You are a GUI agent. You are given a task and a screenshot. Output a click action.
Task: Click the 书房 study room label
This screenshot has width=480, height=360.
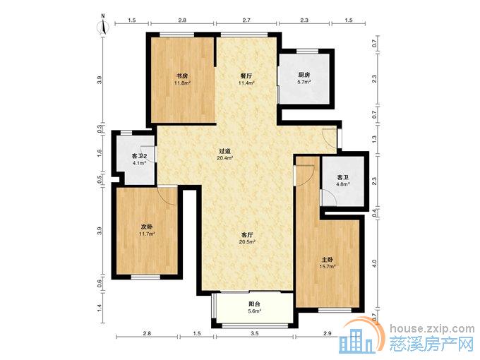(182, 76)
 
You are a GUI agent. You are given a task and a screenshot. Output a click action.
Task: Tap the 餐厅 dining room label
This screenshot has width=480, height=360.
(246, 76)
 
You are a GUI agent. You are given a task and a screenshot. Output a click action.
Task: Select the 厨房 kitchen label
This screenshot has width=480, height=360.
(304, 75)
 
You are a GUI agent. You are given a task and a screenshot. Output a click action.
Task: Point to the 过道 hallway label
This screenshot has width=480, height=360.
(224, 151)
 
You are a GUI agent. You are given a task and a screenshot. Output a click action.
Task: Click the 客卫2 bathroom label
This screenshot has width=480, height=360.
(139, 156)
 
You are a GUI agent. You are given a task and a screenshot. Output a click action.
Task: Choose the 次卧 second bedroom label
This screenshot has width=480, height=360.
(146, 227)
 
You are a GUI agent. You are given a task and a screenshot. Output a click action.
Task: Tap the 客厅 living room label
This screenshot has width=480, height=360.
(247, 235)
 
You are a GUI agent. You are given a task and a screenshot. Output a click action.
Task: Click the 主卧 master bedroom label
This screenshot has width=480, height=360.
(328, 259)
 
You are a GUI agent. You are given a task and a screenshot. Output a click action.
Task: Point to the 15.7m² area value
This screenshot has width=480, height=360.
(328, 266)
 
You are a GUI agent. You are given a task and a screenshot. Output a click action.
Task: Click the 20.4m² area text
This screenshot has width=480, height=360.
(225, 158)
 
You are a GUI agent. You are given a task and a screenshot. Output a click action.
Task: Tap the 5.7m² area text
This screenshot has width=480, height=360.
(304, 82)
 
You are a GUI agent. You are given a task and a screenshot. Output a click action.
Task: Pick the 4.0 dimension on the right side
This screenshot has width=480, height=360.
(374, 263)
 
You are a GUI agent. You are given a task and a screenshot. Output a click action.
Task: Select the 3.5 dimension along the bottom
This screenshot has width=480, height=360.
(254, 334)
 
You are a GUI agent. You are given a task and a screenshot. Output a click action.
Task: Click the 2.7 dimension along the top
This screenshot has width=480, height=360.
(246, 20)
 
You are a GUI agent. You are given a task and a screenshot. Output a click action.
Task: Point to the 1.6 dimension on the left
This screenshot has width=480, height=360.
(100, 152)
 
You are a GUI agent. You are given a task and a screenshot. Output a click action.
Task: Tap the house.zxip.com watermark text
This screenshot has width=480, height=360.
(432, 328)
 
